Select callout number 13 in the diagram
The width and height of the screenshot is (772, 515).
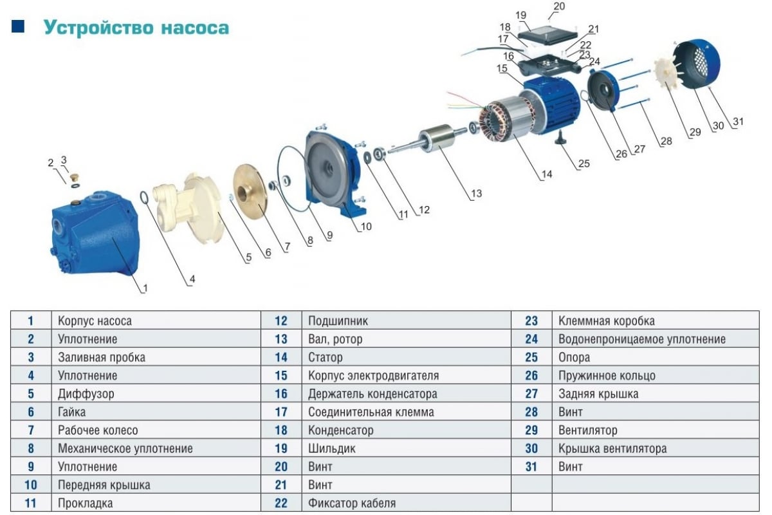[476, 193]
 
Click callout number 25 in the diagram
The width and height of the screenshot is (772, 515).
[584, 164]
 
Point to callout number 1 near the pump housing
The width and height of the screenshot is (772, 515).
[145, 289]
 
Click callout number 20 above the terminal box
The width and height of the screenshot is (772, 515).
[559, 6]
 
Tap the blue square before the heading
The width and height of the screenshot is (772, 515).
[18, 26]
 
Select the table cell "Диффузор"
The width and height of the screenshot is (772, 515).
[86, 393]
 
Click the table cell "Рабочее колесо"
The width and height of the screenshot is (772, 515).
[98, 430]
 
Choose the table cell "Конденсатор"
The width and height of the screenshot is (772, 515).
[340, 430]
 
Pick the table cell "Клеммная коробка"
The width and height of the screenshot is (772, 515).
[607, 321]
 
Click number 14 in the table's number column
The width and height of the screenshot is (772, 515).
[281, 357]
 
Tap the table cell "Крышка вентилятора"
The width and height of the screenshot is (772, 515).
[612, 448]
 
